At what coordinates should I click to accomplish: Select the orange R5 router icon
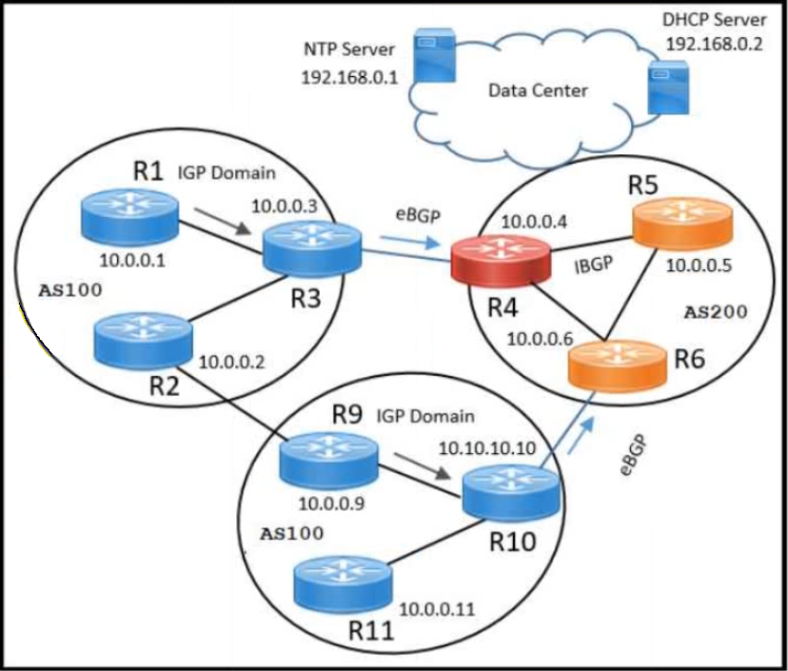click(x=682, y=226)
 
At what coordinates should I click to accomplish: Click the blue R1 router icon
click(x=129, y=216)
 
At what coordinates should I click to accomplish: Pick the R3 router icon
click(x=311, y=247)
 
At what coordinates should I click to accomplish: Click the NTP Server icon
click(x=435, y=55)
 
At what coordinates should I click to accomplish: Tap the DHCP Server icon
click(x=668, y=87)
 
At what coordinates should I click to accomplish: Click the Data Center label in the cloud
click(x=538, y=91)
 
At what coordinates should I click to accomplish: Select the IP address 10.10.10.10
click(x=487, y=448)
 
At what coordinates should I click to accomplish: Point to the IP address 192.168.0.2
click(x=714, y=44)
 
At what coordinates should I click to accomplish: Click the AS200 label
click(x=716, y=312)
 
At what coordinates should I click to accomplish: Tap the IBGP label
click(x=594, y=265)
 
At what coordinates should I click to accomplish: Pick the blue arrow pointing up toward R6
click(x=581, y=435)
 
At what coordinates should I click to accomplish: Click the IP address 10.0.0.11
click(x=437, y=610)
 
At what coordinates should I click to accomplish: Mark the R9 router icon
click(x=328, y=460)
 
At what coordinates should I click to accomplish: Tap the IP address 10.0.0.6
click(x=540, y=339)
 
